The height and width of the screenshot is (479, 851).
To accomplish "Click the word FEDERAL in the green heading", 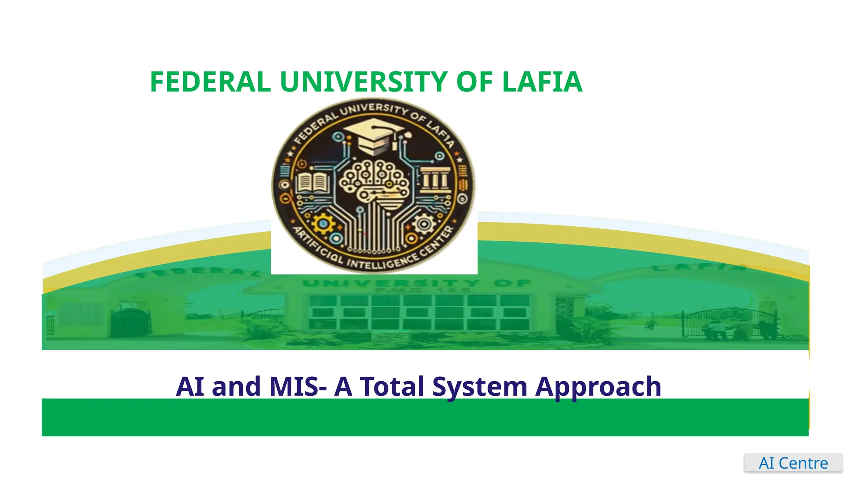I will tap(210, 82).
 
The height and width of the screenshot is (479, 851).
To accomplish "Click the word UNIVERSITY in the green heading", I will tap(364, 82).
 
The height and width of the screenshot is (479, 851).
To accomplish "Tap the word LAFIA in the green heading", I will tap(542, 82).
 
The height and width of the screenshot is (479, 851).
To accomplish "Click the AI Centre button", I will tap(793, 463).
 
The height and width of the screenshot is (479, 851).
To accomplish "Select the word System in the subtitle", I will tap(480, 387).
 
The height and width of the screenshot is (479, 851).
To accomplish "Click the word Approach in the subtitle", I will tap(598, 387).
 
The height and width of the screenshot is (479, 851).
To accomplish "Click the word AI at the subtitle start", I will tap(190, 387).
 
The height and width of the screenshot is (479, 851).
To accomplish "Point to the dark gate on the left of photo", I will tap(131, 322).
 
